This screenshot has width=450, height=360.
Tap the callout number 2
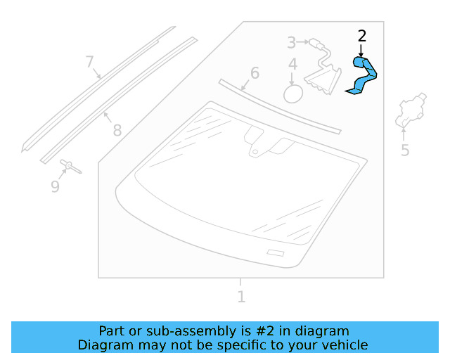362,36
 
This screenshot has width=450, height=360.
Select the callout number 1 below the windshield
241,297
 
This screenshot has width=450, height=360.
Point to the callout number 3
292,43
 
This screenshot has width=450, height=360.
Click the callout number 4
292,65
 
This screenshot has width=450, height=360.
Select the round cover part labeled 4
292,93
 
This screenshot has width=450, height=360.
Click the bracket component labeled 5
410,110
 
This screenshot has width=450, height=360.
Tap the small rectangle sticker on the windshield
275,252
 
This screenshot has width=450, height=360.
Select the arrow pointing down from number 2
361,50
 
